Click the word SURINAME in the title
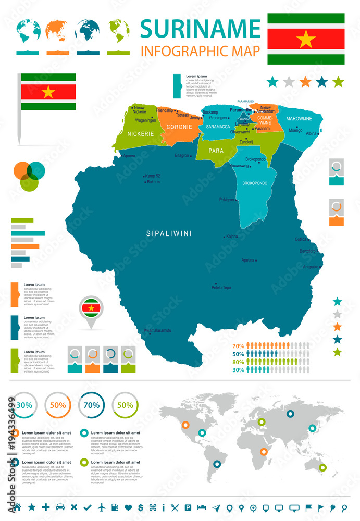click(x=201, y=28)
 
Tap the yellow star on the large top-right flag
click(x=306, y=39)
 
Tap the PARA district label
click(x=216, y=151)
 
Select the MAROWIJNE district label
click(x=299, y=119)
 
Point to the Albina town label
click(x=311, y=134)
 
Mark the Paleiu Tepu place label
click(x=221, y=288)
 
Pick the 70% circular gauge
click(x=92, y=405)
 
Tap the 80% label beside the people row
click(x=238, y=362)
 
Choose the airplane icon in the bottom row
click(x=101, y=507)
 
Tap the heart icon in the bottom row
click(x=128, y=507)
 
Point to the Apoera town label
click(x=129, y=156)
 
